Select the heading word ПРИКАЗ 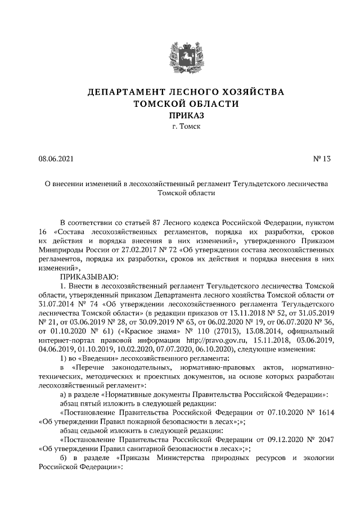tap(180, 115)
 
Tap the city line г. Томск tap(180, 127)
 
